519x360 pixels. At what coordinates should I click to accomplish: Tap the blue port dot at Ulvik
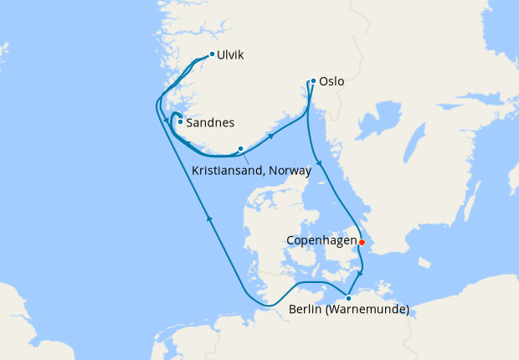(x=212, y=54)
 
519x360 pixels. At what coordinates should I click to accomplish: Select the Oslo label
(x=331, y=83)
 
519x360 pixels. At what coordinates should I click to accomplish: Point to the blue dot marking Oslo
(x=313, y=81)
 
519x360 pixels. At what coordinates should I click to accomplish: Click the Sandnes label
(x=210, y=122)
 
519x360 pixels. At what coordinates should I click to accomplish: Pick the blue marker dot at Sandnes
(x=180, y=121)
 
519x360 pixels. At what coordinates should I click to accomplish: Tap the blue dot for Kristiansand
(x=240, y=149)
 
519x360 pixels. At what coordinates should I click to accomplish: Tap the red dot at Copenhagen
(x=362, y=242)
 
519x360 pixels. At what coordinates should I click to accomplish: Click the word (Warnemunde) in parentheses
(x=368, y=311)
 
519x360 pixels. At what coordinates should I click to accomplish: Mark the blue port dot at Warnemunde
(x=348, y=298)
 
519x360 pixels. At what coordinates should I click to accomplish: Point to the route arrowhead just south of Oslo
(x=318, y=163)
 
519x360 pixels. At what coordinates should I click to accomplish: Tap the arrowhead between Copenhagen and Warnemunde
(x=360, y=273)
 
